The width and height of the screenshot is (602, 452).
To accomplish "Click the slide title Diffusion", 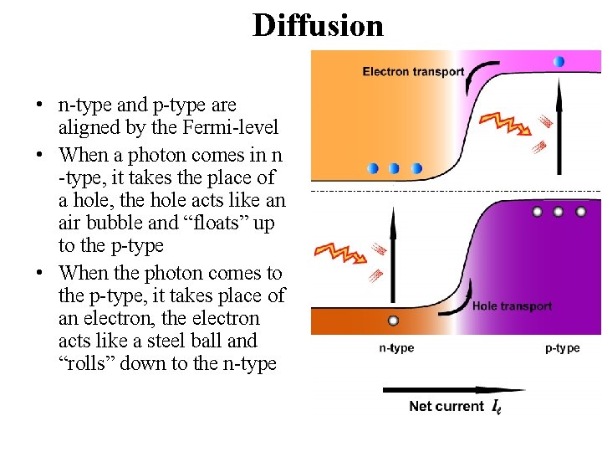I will click(318, 25).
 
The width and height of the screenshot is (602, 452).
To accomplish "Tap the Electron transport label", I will click(413, 71).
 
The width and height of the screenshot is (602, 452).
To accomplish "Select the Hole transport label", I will click(512, 306).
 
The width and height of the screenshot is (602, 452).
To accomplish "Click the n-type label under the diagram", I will click(396, 348).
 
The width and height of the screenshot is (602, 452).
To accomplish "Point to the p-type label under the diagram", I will click(562, 348).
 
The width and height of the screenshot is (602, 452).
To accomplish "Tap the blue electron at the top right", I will click(559, 61).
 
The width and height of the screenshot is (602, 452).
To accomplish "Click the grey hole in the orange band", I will click(393, 321).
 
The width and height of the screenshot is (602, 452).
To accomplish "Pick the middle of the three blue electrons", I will click(395, 168).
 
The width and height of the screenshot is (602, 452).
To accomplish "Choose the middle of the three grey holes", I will click(558, 212).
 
